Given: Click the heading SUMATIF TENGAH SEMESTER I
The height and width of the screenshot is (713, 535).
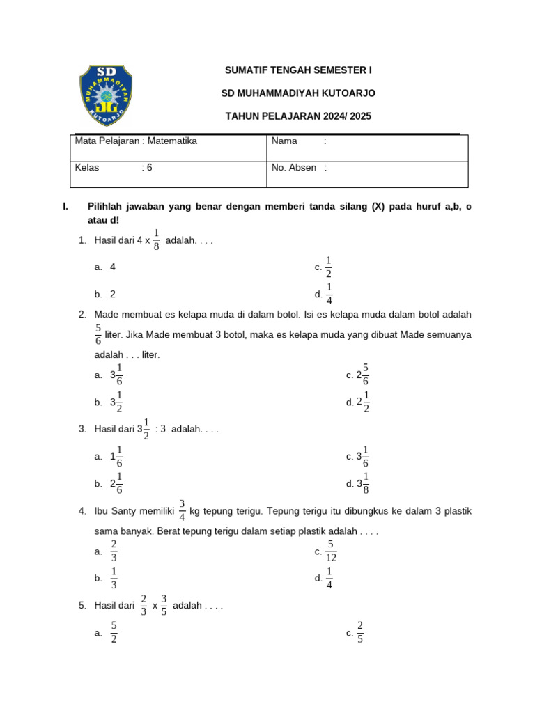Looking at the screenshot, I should tap(298, 70).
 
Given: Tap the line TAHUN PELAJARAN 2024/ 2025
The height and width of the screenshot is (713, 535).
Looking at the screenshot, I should tap(298, 116).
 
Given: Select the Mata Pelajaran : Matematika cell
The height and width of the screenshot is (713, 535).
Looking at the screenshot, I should tap(136, 141).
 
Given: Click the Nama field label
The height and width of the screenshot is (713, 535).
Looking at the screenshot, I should tap(284, 141).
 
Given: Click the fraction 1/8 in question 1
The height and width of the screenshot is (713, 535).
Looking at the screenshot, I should tap(156, 240).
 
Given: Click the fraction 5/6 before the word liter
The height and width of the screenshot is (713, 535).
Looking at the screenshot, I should tap(98, 334).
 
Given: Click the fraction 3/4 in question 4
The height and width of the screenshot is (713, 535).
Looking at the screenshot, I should tap(182, 511).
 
